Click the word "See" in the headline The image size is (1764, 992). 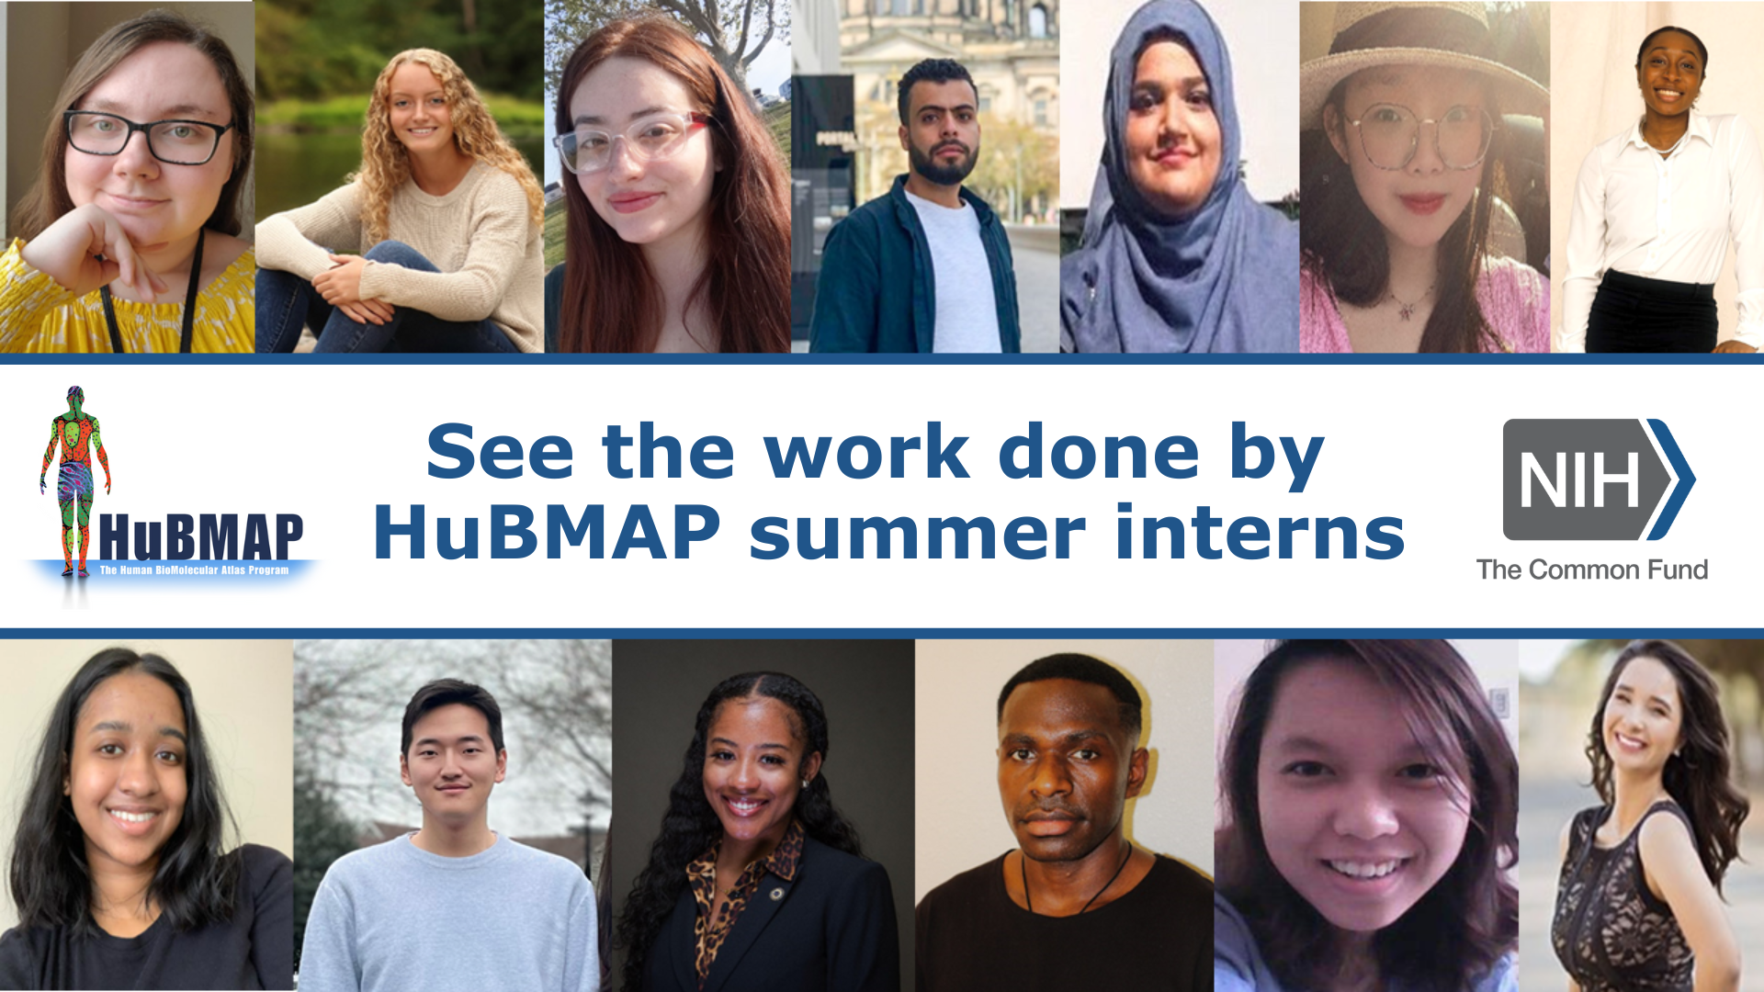coord(499,452)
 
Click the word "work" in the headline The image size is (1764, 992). coord(866,452)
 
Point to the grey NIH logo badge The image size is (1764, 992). coord(1580,479)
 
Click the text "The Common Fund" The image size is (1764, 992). coord(1591,569)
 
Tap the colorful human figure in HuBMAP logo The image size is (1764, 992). coord(75,478)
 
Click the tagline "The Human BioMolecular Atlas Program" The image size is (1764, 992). coord(194,570)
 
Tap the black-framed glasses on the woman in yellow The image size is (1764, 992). coord(147,137)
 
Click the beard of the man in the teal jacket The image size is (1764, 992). coord(942,169)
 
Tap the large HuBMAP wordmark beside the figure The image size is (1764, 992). coord(200,537)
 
